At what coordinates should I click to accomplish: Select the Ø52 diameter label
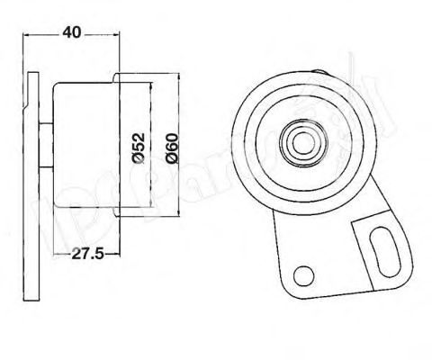[138, 147]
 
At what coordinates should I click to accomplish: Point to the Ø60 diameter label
[173, 147]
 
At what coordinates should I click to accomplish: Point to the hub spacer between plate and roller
[44, 147]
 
